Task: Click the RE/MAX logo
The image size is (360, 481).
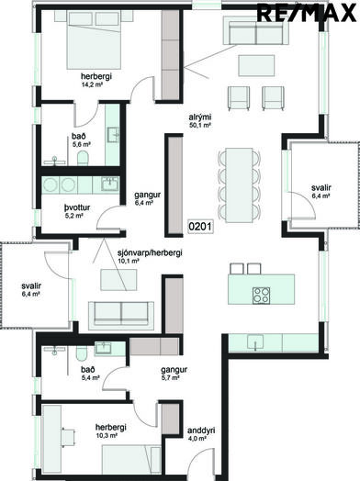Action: click(x=307, y=13)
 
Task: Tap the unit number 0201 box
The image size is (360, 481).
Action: click(x=200, y=227)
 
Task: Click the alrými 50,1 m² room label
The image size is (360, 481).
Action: click(x=200, y=121)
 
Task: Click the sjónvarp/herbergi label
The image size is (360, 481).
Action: click(x=150, y=252)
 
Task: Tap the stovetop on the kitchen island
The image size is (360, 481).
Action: click(x=261, y=296)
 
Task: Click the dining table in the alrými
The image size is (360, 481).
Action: click(x=239, y=185)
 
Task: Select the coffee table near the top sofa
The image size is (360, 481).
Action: click(x=256, y=65)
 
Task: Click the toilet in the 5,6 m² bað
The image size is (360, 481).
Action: click(x=83, y=158)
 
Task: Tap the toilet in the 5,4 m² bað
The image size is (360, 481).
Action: click(x=82, y=353)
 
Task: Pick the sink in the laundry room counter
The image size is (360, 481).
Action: click(x=110, y=185)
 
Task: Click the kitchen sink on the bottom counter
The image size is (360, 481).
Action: click(x=255, y=342)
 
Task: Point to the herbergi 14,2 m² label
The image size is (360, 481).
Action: click(x=92, y=80)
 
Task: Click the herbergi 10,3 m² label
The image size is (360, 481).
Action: click(x=107, y=431)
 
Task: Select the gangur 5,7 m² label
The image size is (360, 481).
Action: click(x=174, y=374)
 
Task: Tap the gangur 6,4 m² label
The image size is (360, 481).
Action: click(x=147, y=198)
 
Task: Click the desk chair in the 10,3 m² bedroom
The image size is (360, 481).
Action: click(x=68, y=435)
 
